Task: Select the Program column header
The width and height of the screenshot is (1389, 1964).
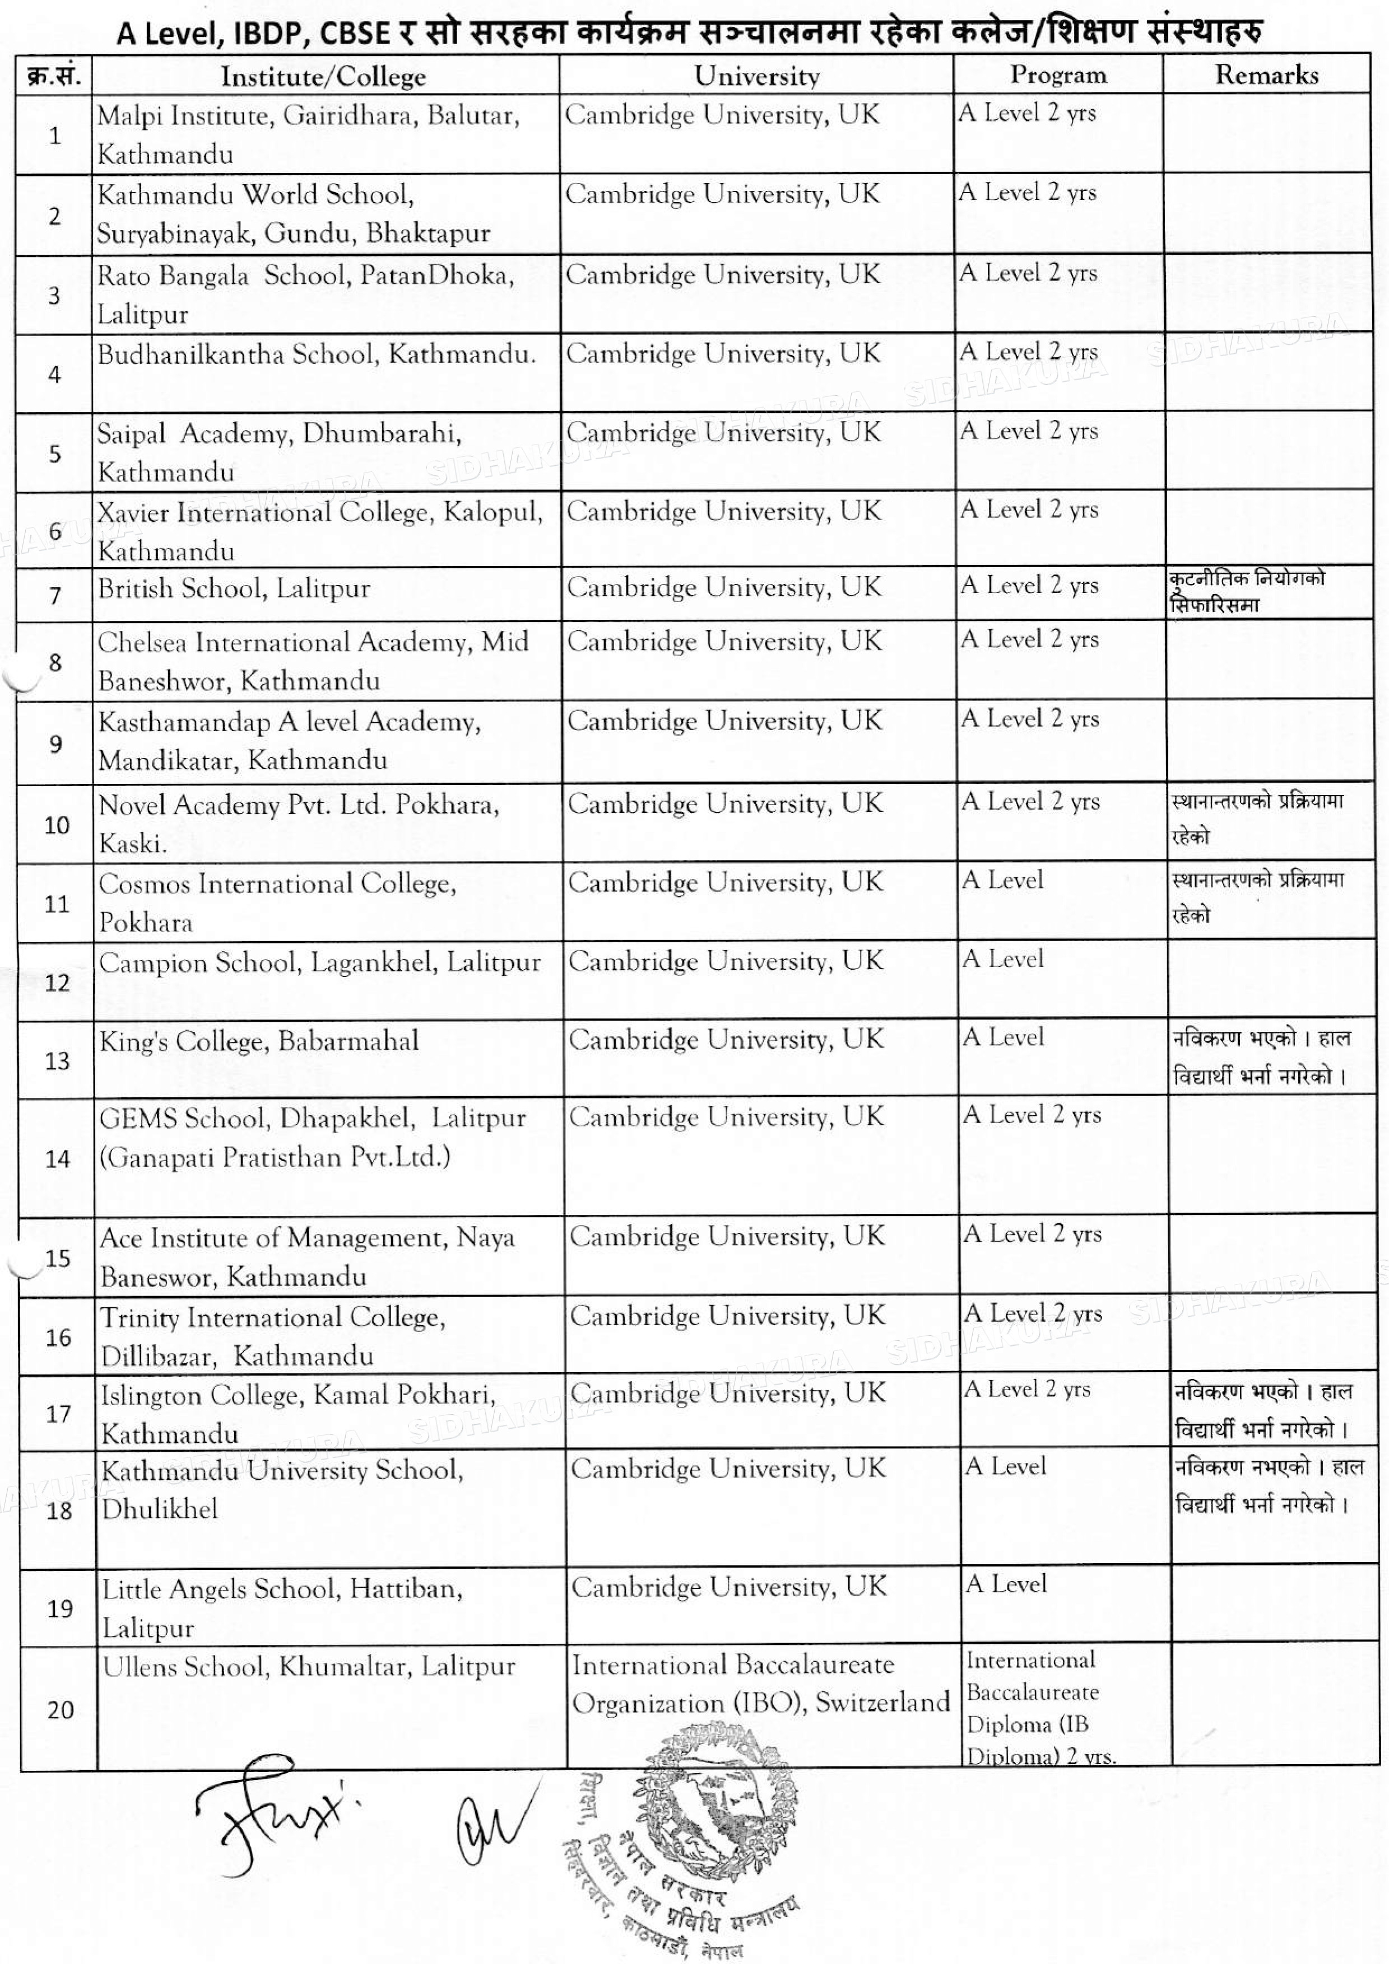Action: [1058, 75]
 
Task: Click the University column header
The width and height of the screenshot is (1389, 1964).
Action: [756, 76]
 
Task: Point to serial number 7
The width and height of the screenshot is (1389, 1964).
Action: [55, 595]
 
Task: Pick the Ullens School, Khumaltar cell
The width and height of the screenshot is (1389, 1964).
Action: [308, 1666]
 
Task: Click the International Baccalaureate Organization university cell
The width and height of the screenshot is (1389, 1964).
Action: [760, 1684]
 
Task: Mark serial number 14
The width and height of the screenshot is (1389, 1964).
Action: [57, 1159]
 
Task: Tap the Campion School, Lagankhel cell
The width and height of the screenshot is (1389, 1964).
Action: [319, 964]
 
